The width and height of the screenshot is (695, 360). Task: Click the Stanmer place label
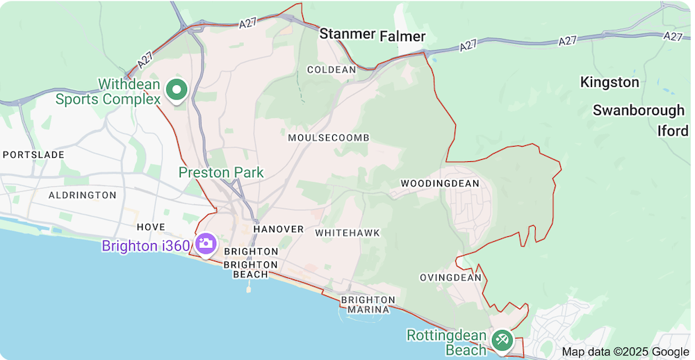347,34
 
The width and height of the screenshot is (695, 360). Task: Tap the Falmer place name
402,35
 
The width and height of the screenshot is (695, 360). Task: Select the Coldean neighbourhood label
332,69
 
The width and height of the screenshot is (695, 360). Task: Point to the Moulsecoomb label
329,138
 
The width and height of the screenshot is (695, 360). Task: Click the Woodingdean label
440,183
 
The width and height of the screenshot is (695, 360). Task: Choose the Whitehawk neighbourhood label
347,233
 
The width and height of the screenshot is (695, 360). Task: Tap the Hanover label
279,229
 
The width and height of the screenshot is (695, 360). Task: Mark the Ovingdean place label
450,277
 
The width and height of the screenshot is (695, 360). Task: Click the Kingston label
610,82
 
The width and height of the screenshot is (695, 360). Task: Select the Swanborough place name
639,111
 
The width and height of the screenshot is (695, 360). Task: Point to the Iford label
672,131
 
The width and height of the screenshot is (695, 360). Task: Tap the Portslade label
33,154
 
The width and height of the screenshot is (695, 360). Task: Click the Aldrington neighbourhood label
83,195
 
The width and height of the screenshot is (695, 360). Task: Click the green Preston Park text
221,172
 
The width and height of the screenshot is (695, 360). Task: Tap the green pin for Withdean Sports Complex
177,90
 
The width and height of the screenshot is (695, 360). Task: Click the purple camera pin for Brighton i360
206,244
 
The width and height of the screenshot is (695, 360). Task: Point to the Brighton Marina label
368,304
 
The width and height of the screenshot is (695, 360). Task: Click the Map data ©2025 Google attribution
625,352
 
